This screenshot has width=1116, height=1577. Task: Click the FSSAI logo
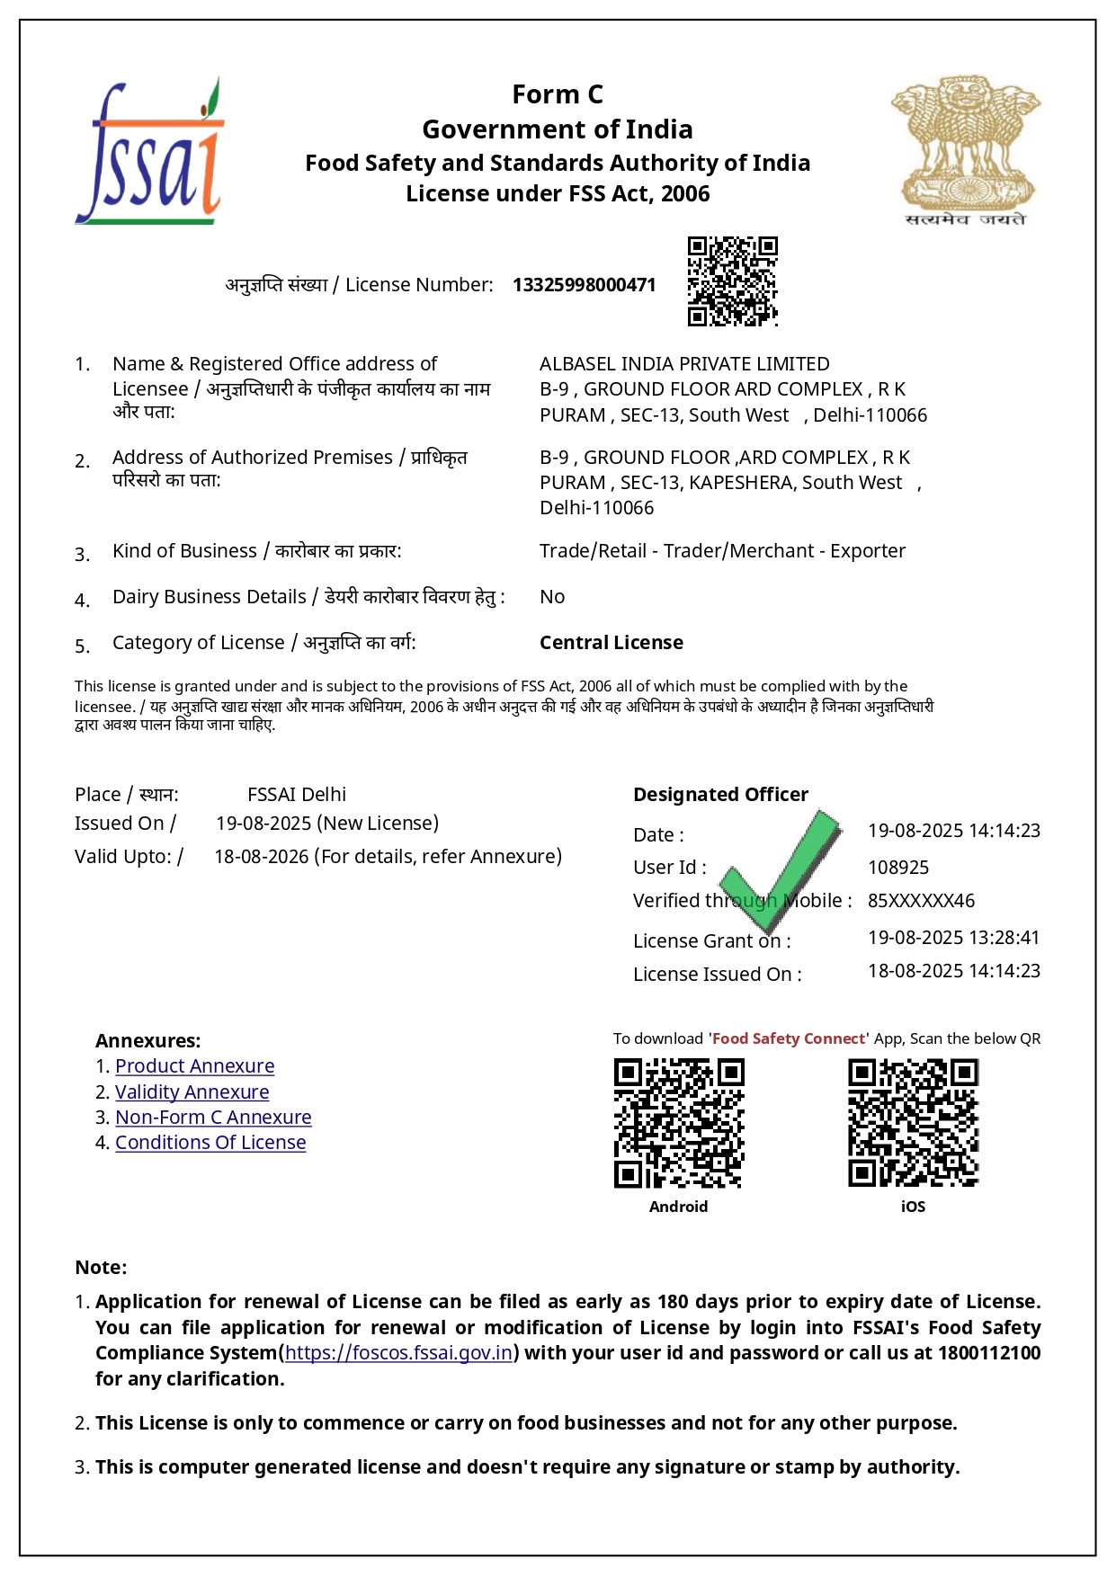tap(149, 152)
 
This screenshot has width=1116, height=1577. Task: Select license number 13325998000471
tap(584, 285)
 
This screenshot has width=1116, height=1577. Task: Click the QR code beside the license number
tap(732, 281)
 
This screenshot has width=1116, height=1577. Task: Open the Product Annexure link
tap(194, 1066)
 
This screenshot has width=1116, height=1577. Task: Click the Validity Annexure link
tap(192, 1092)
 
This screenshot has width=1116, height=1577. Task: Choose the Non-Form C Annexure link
tap(213, 1118)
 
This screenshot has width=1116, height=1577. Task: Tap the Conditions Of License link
tap(210, 1143)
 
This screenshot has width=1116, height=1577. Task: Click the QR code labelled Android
tap(679, 1123)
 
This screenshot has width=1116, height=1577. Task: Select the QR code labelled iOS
tap(913, 1123)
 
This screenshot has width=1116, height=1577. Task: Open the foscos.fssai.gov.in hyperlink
tap(398, 1353)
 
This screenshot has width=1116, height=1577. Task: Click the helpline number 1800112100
tap(988, 1353)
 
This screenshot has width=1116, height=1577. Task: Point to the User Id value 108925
tap(898, 868)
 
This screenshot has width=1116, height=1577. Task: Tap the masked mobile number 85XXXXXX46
tap(921, 901)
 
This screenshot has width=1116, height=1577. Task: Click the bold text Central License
tap(611, 643)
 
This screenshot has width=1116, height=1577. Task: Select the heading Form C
tap(558, 94)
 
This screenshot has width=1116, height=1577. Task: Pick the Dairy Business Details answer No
tap(552, 597)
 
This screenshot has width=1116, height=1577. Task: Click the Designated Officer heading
tap(720, 795)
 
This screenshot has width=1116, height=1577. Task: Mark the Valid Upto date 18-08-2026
tap(262, 857)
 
